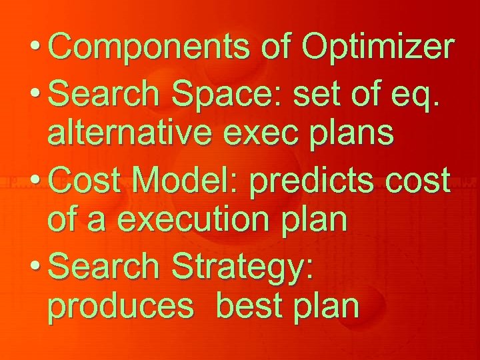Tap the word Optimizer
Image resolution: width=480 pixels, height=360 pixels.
point(378,48)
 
